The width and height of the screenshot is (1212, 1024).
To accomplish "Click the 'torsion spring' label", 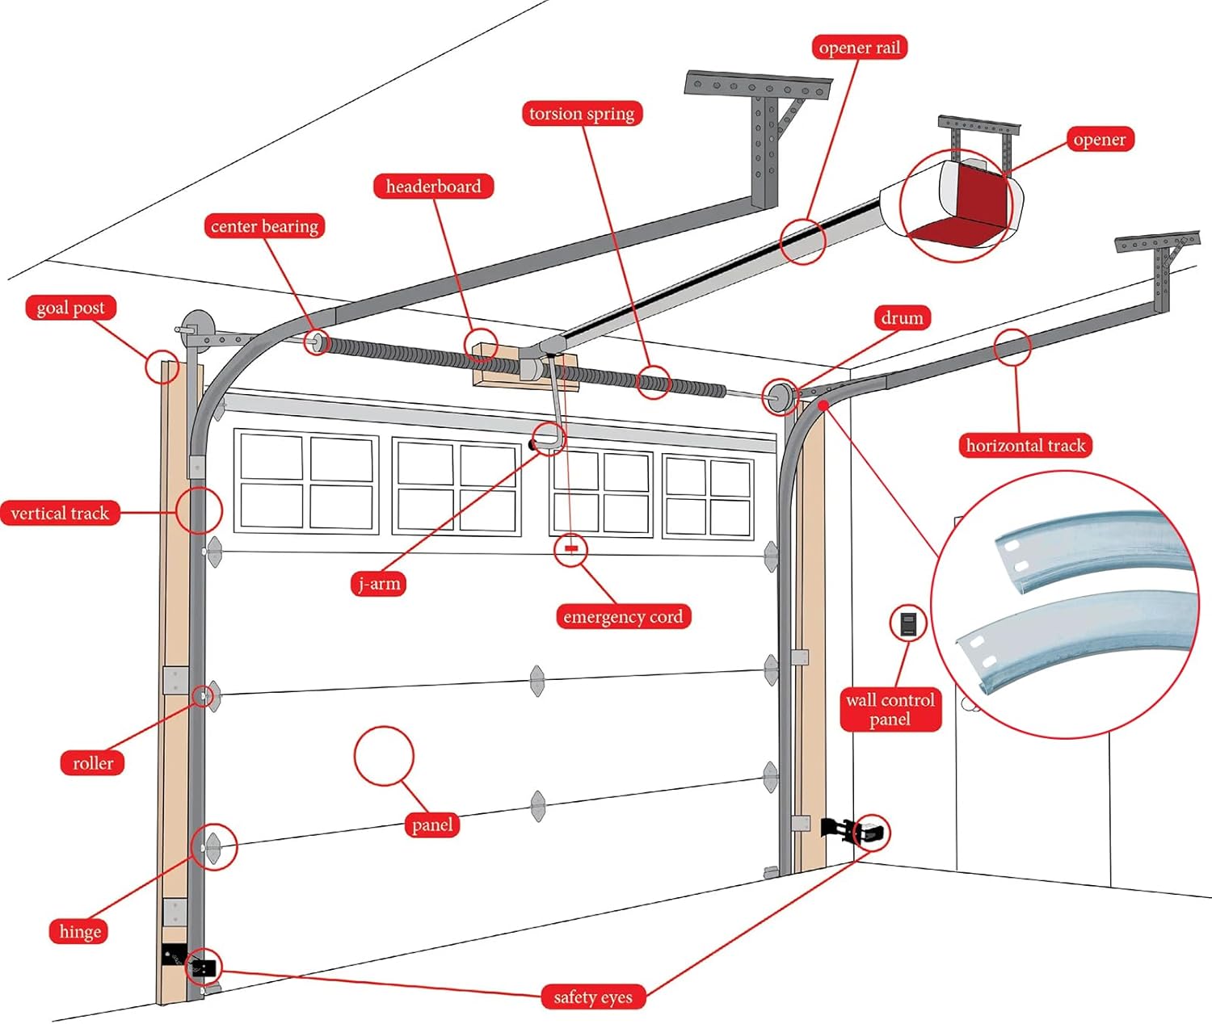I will (582, 114).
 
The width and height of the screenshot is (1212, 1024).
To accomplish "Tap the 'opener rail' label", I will (859, 48).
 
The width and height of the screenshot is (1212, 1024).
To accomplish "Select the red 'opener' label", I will (1099, 140).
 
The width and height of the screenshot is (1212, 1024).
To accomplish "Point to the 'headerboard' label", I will (433, 187).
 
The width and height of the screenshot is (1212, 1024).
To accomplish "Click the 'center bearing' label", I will (264, 226).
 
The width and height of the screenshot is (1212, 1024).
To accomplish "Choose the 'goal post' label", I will (70, 308).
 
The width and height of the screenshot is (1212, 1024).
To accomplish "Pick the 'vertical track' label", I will (60, 514).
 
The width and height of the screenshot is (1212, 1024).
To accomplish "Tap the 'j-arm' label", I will (379, 584).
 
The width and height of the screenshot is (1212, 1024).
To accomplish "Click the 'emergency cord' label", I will (623, 617).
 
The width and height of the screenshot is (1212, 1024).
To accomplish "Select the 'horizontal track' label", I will (1025, 446).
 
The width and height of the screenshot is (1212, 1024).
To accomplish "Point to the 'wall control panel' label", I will (890, 710).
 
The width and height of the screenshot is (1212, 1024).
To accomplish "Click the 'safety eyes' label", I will (593, 997).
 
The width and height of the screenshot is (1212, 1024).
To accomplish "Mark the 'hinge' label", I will (80, 932).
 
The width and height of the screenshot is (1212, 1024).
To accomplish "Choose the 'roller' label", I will (93, 763).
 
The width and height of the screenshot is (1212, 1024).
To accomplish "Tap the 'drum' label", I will (902, 318).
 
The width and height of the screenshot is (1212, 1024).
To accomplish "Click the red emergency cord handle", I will (571, 548).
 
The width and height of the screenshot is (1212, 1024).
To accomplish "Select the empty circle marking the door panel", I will (384, 756).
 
